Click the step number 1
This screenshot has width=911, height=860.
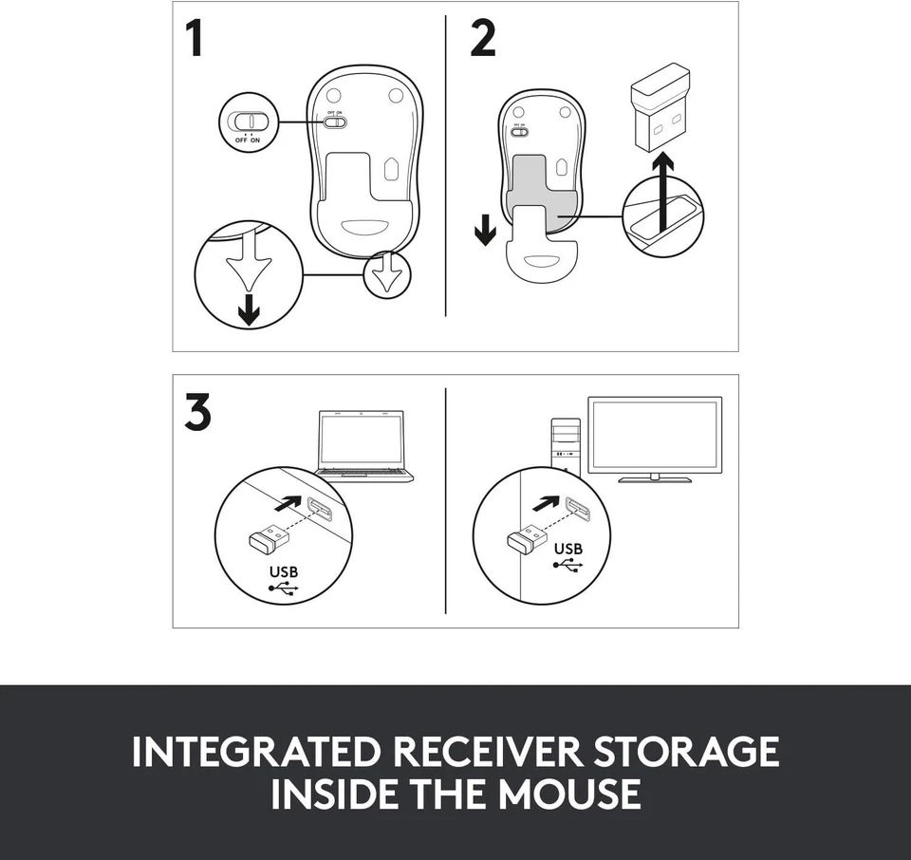coord(195,39)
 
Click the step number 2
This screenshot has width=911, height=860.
coord(482,39)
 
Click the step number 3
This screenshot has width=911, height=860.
coord(196,413)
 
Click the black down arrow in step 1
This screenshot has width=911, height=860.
coord(249,309)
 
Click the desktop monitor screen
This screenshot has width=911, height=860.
coord(655,435)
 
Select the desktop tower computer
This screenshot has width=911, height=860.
coord(566,445)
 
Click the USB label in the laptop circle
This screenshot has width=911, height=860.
coord(283,572)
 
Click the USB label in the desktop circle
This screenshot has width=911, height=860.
coord(567,549)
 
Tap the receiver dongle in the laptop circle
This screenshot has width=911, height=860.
coord(267,538)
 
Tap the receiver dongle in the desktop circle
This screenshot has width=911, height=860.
coord(526,538)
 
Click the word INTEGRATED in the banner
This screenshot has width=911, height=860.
coord(255,752)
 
